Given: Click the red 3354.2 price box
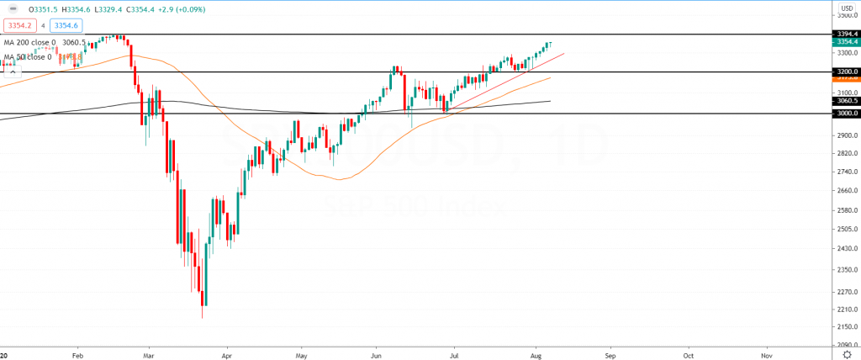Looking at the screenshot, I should click(x=19, y=26).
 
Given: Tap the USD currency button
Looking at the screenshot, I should click(x=846, y=8).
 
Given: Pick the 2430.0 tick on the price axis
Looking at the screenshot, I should click(x=844, y=249).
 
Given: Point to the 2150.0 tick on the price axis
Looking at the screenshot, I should click(x=844, y=326).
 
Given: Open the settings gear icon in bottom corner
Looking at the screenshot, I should click(x=847, y=354).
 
